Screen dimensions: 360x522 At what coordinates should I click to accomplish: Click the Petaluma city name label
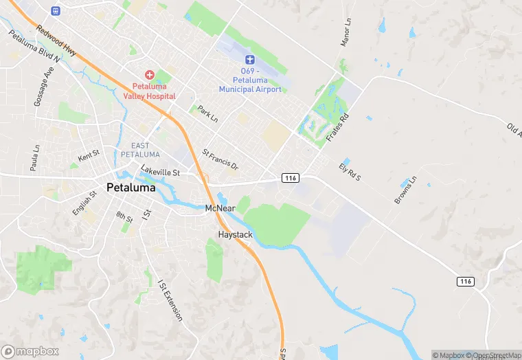coord(130,187)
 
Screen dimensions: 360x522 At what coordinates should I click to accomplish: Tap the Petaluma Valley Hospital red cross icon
coord(149,74)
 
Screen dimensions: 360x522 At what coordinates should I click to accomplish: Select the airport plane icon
coord(250,60)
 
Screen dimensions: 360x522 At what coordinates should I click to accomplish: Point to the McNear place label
coord(220,208)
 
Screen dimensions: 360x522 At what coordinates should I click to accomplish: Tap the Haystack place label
coord(235,235)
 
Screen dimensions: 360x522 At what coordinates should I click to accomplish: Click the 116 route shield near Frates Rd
coord(290,178)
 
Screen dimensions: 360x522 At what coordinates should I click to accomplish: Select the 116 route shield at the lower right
coord(466,282)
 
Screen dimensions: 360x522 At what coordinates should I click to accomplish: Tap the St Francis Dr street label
coord(220,159)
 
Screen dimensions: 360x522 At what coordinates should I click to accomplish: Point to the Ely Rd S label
coord(350,172)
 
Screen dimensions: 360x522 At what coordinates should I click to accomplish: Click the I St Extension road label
coord(170,300)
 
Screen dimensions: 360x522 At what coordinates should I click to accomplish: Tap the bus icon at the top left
coord(56,11)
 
